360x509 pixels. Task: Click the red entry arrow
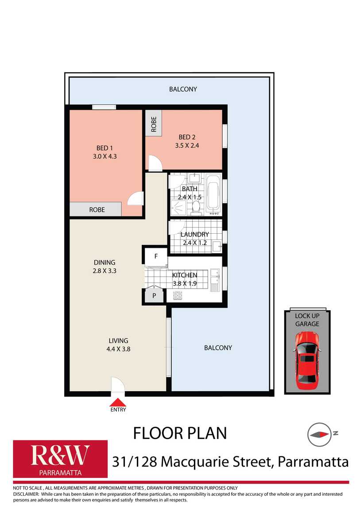[118, 402]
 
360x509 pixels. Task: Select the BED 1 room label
[105, 148]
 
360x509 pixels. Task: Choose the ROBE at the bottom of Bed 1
[97, 209]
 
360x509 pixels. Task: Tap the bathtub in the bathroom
[214, 193]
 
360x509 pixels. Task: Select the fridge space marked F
[156, 255]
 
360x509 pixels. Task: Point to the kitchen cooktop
[178, 295]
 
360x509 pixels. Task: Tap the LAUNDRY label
[195, 234]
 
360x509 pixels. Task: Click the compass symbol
[319, 433]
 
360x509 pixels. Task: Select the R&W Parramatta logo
[60, 459]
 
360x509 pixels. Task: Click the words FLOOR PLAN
[180, 433]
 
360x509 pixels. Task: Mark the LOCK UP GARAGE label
[307, 320]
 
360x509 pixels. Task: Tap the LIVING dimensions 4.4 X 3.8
[118, 348]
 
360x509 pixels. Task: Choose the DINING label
[105, 262]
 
